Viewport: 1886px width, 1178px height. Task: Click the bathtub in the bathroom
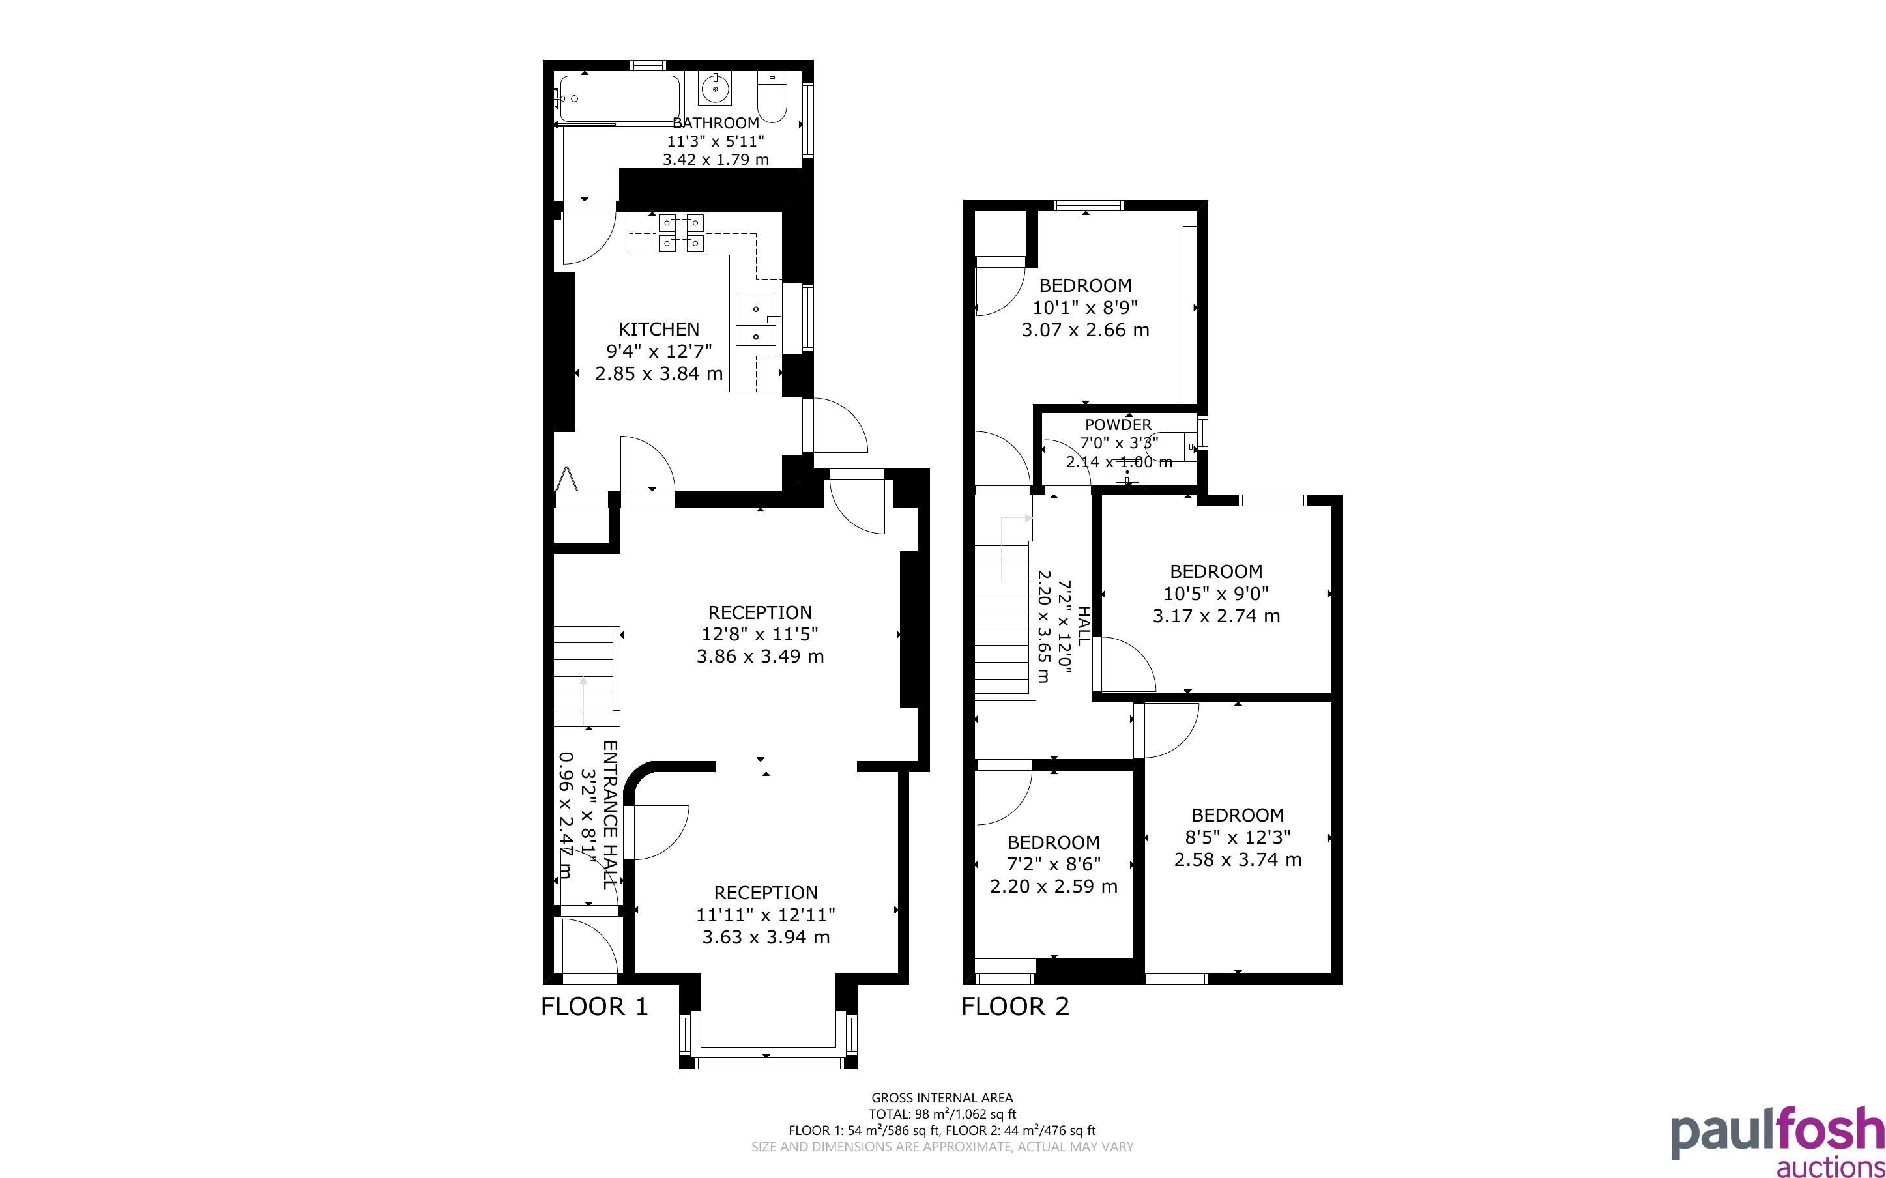coord(619,98)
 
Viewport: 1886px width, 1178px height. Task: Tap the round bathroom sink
coord(714,89)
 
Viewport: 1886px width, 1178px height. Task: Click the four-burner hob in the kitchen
coord(682,234)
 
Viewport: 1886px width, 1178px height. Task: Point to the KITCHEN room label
coord(658,329)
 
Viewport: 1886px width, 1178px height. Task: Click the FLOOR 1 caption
coord(594,1007)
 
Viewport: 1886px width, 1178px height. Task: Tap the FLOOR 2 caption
coord(1015,1007)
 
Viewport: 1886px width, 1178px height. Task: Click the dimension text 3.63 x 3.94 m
coord(766,938)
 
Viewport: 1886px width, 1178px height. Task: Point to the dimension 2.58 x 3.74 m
coord(1238,859)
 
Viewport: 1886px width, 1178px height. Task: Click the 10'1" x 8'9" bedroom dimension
coord(1085,308)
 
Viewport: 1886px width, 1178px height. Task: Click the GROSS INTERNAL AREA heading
coord(942,1099)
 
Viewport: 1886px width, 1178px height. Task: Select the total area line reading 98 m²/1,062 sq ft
coord(942,1114)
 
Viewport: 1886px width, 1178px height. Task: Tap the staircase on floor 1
coord(586,676)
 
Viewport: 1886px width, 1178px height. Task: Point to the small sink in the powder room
coord(1127,472)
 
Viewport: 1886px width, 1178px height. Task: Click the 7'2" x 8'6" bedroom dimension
coord(1053,864)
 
